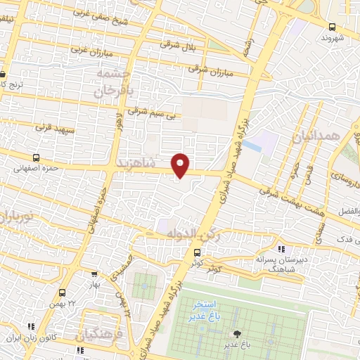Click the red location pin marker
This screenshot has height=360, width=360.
(181, 165)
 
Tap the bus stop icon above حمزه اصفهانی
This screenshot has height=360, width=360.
(36, 157)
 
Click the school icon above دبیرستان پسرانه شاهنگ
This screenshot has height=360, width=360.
(281, 248)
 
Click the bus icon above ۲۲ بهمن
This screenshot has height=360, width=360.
(63, 293)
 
